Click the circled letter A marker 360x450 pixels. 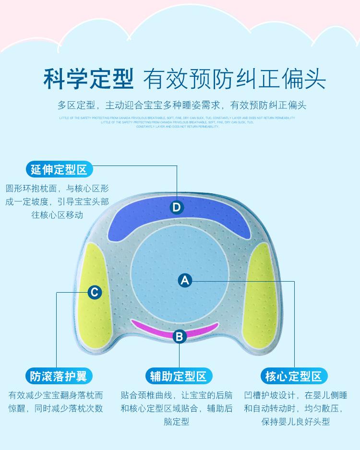click(x=185, y=280)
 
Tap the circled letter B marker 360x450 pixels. click(x=180, y=336)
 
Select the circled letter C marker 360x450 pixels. click(x=95, y=292)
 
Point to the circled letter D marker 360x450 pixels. click(x=177, y=207)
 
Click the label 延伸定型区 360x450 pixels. click(x=59, y=169)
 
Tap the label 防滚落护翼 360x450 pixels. click(x=59, y=376)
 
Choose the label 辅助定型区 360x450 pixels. click(x=179, y=376)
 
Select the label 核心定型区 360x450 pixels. click(x=293, y=376)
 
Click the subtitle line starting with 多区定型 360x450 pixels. click(x=181, y=106)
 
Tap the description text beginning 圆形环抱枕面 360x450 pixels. click(x=57, y=201)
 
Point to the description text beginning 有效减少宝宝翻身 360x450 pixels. click(x=56, y=402)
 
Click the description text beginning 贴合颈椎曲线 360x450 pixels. click(x=177, y=408)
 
